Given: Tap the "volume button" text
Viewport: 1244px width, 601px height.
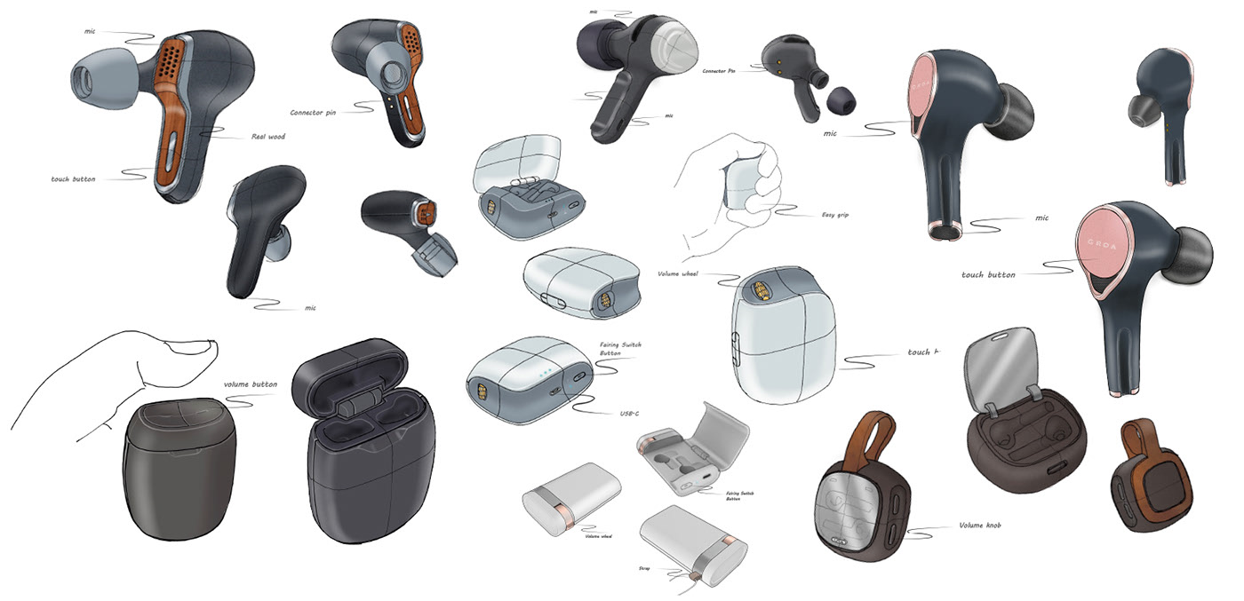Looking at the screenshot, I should (250, 384).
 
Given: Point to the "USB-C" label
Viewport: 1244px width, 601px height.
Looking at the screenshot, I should (631, 414).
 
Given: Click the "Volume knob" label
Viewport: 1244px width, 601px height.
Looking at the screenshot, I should (982, 526).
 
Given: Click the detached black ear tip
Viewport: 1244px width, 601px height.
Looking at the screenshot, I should (838, 99).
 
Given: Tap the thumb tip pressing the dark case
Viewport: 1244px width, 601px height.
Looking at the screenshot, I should (203, 346).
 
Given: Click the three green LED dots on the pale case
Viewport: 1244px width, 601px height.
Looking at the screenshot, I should (544, 372).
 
